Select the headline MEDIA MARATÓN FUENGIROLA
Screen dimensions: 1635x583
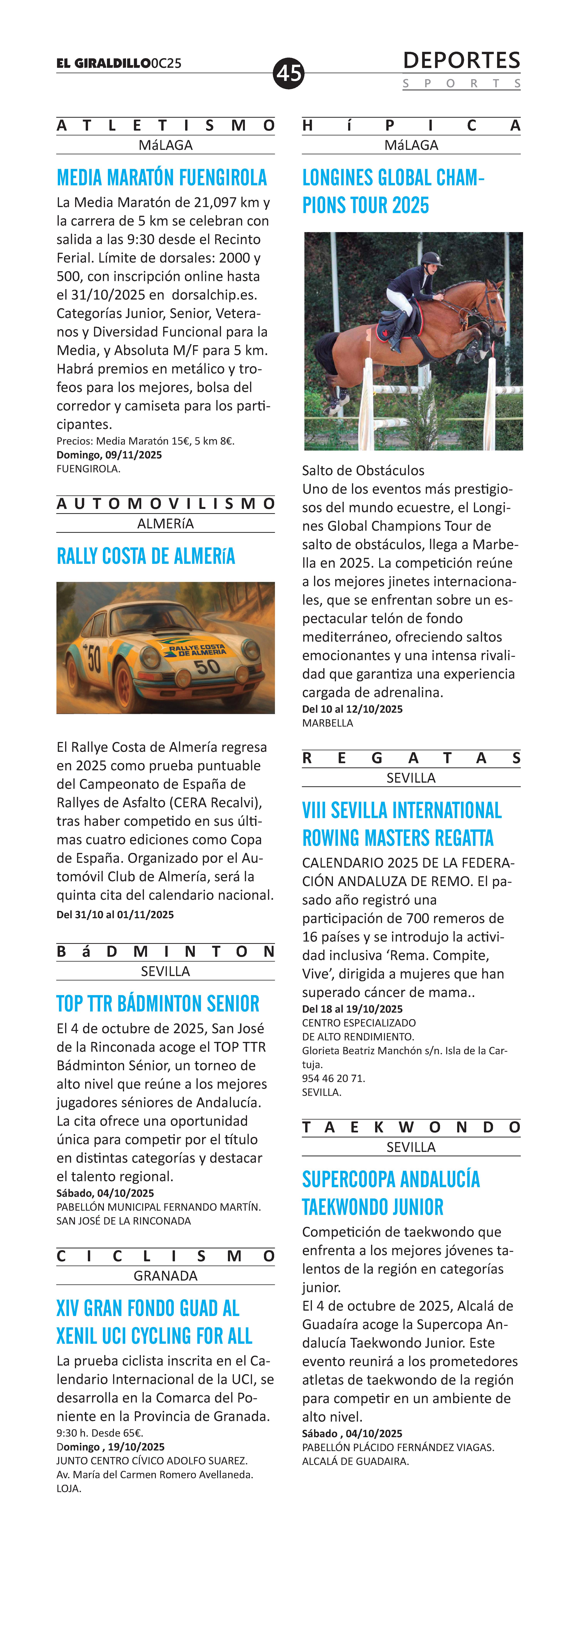tap(162, 178)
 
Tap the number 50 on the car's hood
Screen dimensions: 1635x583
tap(207, 666)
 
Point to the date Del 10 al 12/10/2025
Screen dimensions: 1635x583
tap(352, 709)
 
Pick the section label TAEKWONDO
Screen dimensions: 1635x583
tap(411, 1127)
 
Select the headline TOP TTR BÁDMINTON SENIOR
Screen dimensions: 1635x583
tap(158, 1004)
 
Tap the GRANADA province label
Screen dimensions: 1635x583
tap(165, 1276)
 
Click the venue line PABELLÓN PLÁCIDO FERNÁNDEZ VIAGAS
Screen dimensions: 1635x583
tap(398, 1447)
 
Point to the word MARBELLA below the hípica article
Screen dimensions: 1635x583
tap(328, 723)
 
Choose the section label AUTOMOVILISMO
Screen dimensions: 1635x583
tap(165, 504)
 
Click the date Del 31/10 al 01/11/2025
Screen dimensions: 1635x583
tap(115, 915)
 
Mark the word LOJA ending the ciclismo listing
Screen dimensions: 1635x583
tap(69, 1488)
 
